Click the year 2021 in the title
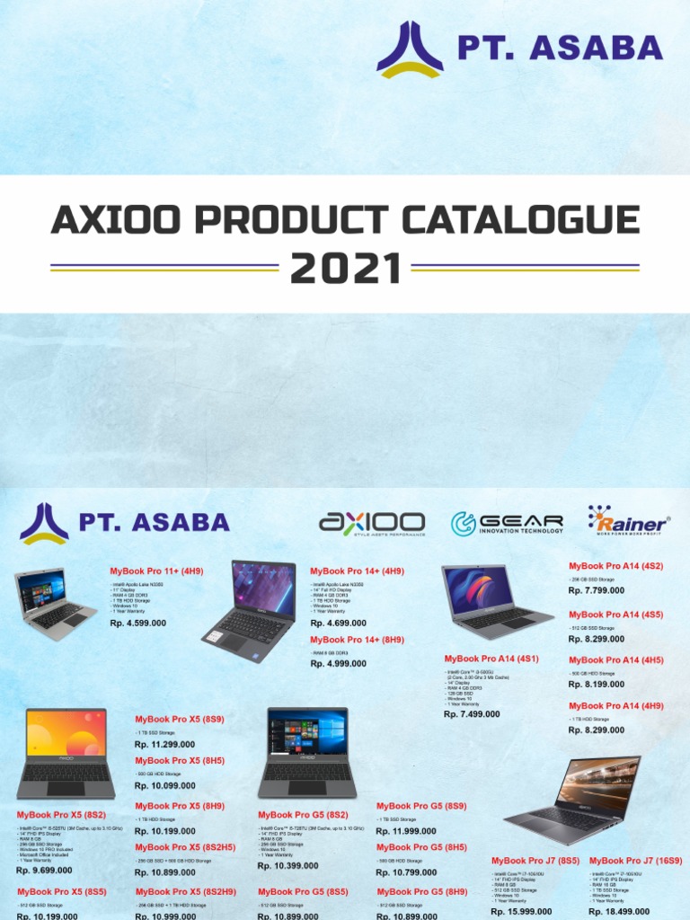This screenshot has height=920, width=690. [345, 267]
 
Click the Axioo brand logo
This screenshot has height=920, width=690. [372, 523]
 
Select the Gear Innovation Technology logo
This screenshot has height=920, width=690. [508, 523]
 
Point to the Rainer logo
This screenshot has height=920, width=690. [629, 520]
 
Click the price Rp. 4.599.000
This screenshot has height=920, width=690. [137, 623]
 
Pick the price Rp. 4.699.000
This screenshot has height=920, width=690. [339, 623]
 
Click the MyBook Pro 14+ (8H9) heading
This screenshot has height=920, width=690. [357, 640]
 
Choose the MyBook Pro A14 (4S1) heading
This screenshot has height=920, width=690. [491, 659]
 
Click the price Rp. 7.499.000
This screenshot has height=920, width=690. [471, 714]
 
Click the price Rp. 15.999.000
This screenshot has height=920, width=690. [521, 912]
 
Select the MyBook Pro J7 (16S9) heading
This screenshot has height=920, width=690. [634, 861]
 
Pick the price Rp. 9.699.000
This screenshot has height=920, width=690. [44, 871]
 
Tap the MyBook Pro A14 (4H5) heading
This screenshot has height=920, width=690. [616, 660]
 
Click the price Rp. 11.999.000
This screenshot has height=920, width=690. [406, 831]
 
